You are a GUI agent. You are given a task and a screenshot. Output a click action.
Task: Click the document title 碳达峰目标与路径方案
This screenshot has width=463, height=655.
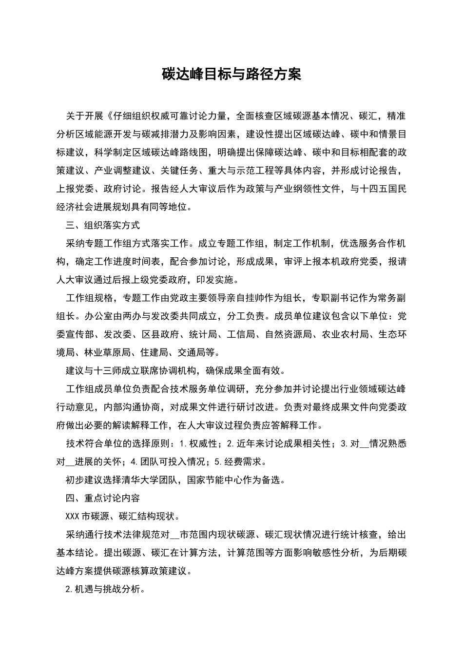(231, 74)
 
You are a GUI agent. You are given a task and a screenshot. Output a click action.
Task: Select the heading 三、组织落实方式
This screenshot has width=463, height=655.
(103, 225)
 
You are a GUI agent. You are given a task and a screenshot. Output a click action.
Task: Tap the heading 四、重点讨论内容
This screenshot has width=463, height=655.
(103, 498)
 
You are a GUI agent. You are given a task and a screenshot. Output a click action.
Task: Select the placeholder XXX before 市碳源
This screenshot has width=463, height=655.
(73, 516)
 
